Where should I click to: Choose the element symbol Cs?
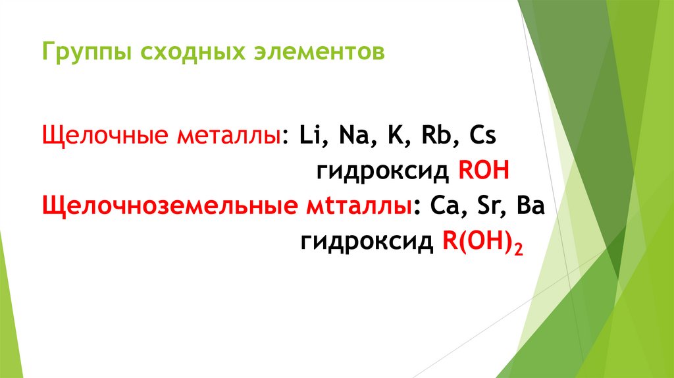[x=484, y=138]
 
